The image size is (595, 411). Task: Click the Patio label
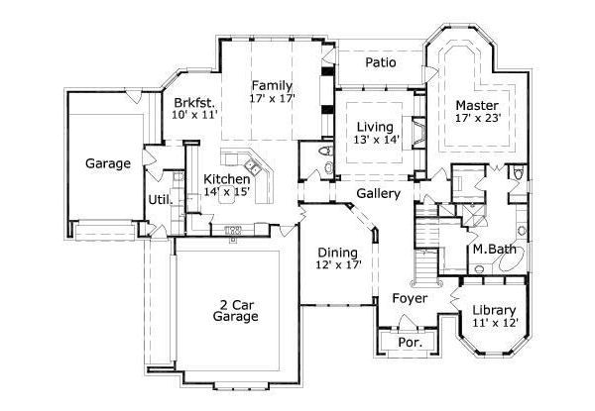click(381, 62)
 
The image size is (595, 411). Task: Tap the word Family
click(271, 84)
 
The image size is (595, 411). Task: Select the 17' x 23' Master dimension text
click(477, 118)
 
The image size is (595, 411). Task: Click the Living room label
click(376, 127)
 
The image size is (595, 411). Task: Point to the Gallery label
click(378, 193)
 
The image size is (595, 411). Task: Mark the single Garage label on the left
click(107, 163)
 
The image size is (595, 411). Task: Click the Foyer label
click(409, 297)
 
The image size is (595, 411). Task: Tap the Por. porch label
click(410, 343)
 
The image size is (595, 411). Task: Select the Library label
click(493, 309)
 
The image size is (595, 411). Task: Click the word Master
click(477, 104)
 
